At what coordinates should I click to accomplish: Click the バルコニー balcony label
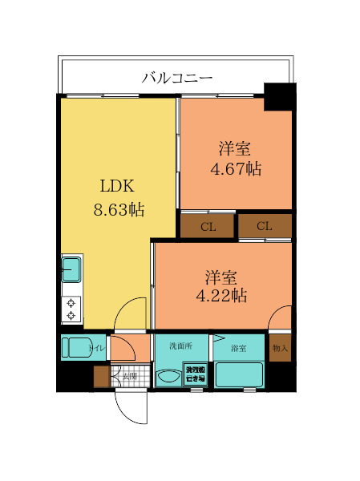click(x=176, y=78)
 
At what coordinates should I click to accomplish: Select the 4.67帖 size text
click(x=236, y=169)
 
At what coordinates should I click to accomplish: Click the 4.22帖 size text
click(x=222, y=295)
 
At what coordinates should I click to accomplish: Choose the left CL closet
click(x=208, y=227)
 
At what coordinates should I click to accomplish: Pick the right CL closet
click(x=264, y=227)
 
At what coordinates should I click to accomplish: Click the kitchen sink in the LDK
click(x=71, y=269)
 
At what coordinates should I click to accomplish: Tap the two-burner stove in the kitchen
click(x=71, y=309)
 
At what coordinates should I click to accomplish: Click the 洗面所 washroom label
click(x=180, y=347)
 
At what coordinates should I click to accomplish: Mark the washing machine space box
click(x=196, y=374)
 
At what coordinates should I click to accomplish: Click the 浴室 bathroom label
click(x=238, y=348)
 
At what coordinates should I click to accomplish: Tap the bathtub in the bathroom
click(x=238, y=375)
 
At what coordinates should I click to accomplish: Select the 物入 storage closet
click(x=280, y=349)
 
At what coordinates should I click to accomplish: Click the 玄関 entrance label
click(x=129, y=375)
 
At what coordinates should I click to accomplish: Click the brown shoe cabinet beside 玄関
click(x=100, y=375)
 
